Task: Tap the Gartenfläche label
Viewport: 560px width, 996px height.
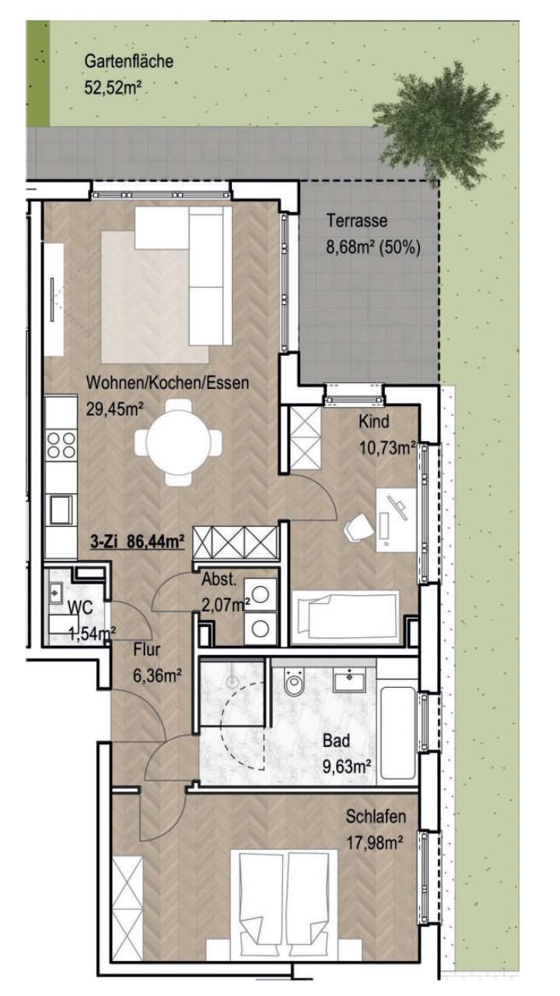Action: click(x=128, y=61)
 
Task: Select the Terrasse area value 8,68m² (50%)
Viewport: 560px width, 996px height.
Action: click(x=373, y=249)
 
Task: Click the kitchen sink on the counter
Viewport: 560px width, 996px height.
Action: click(x=61, y=510)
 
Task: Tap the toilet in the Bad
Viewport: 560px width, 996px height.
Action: click(x=295, y=685)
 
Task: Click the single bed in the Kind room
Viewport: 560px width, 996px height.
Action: click(x=345, y=614)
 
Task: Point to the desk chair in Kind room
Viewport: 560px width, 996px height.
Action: click(x=359, y=528)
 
